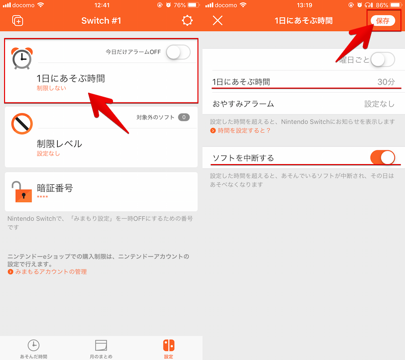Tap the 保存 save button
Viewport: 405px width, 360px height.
tap(383, 21)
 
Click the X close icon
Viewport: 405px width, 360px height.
tap(218, 20)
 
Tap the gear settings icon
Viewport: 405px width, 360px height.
tap(187, 20)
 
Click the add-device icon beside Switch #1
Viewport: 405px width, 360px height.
tap(18, 21)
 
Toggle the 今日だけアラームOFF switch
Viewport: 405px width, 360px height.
tap(178, 52)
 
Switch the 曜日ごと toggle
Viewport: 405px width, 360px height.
tap(383, 59)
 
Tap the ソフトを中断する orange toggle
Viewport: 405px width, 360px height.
tap(383, 157)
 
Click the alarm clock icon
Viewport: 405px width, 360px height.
tap(22, 58)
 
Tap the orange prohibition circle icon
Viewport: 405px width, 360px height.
tap(22, 124)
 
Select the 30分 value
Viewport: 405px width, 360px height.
tap(386, 82)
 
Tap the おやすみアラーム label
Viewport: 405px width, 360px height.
tap(243, 104)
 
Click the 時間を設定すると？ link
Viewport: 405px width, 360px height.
tap(244, 131)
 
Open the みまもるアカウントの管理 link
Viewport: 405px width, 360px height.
tap(51, 272)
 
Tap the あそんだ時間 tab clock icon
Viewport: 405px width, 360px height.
tap(33, 345)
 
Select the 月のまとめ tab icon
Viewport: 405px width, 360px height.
tap(101, 345)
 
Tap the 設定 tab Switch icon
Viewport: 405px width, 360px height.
tap(169, 345)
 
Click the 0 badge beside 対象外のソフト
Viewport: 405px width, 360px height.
tap(184, 117)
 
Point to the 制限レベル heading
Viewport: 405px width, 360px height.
tap(59, 144)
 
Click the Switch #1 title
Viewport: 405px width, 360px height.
tap(101, 21)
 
